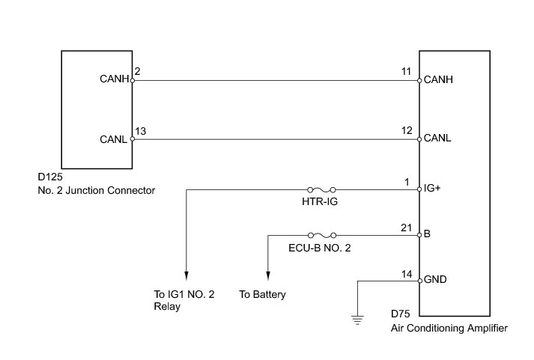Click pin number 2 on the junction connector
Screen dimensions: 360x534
pos(136,72)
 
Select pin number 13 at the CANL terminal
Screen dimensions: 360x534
pos(140,132)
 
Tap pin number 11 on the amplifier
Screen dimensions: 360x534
pos(407,72)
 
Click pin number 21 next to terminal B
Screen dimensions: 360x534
pos(407,228)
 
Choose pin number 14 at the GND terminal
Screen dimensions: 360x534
pos(407,273)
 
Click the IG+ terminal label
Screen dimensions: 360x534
pos(432,190)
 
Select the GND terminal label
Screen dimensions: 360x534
pos(435,281)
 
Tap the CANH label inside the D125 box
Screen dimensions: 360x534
pos(114,79)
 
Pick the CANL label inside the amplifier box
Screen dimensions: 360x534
pos(437,138)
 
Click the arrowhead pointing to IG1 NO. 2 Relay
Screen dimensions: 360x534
pos(186,274)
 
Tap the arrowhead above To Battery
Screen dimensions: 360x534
pos(268,274)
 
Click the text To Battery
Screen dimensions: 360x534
pos(262,295)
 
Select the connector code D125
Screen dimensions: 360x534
pos(50,178)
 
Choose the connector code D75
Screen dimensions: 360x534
pos(401,314)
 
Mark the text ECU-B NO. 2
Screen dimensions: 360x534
pos(320,248)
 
